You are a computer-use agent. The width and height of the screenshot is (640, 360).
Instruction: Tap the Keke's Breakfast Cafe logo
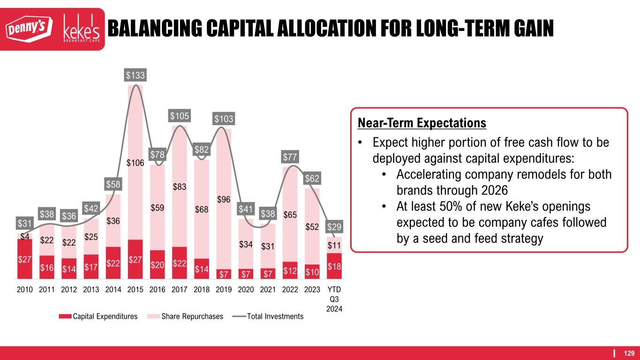click(81, 29)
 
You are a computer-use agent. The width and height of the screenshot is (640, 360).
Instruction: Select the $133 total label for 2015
click(135, 75)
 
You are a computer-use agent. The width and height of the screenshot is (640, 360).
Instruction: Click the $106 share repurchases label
click(135, 163)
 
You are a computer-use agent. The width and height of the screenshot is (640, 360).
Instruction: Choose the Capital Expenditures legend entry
click(98, 316)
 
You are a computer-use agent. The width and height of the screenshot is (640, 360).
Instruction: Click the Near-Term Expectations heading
click(422, 123)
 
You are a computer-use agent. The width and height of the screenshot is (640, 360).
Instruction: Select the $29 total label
click(334, 227)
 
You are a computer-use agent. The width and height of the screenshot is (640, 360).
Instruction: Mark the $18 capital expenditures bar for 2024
click(334, 266)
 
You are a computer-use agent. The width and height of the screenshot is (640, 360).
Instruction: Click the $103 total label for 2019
click(224, 119)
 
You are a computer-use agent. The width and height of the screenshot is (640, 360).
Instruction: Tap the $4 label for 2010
click(25, 237)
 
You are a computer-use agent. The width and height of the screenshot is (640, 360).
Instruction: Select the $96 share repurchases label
click(224, 200)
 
